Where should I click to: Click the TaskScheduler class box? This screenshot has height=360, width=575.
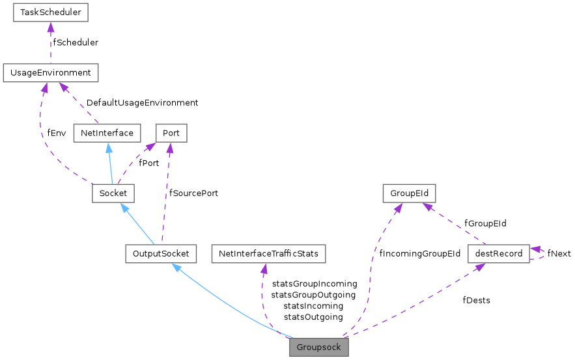coord(51,12)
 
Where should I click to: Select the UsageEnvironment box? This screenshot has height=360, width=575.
coord(50,73)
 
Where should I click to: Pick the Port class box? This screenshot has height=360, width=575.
coord(171,133)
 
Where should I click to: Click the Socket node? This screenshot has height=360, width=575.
coord(113,193)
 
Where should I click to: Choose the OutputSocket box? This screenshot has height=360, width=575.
coord(160,253)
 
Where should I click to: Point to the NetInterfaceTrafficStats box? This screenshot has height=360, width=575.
coord(268,253)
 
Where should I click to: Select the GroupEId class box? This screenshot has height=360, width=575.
coord(408,193)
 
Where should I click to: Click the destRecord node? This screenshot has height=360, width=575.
coord(499,253)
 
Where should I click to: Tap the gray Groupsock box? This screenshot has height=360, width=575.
coord(319,347)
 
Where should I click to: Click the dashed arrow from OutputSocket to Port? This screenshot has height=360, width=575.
coord(167,195)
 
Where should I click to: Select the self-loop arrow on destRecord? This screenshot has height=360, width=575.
coord(542,253)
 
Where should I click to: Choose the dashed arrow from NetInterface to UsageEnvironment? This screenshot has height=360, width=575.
coord(78,104)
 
